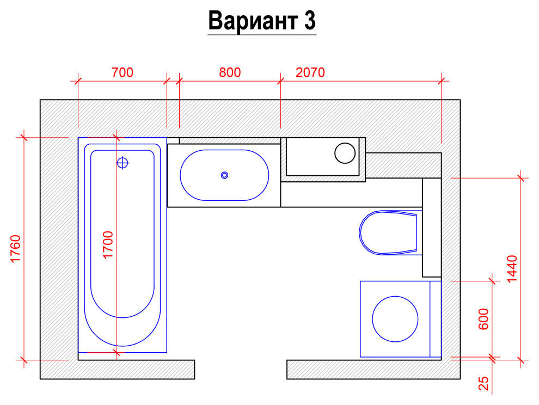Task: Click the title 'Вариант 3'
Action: [262, 22]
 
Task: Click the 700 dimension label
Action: [122, 72]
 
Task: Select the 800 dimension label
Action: [229, 72]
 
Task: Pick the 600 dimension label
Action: [483, 319]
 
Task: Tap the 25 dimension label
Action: [483, 384]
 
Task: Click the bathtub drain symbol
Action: [123, 162]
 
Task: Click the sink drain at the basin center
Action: [224, 175]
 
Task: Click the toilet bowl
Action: [387, 232]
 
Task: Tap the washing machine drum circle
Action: [395, 319]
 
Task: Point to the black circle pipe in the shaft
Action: [345, 153]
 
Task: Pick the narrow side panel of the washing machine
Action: [436, 319]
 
